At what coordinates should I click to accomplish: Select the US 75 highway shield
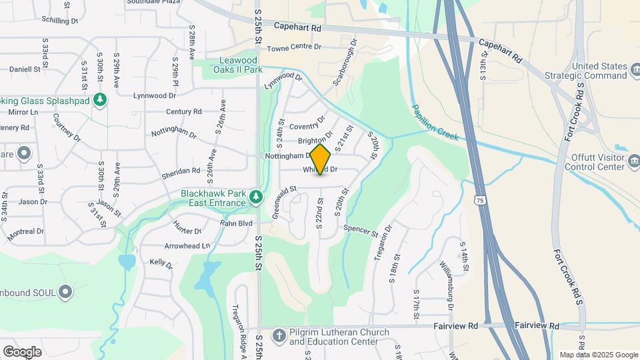[x=479, y=200]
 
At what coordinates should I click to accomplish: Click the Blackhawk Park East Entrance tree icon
[x=255, y=197]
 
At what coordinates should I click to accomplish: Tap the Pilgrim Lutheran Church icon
[x=279, y=333]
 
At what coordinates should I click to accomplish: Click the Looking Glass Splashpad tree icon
[x=100, y=100]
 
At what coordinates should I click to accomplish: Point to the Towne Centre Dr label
[x=294, y=47]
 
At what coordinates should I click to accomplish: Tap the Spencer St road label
[x=361, y=231]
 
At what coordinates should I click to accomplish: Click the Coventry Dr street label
[x=307, y=124]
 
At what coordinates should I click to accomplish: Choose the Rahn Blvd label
[x=237, y=223]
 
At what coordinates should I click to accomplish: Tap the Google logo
[x=22, y=352]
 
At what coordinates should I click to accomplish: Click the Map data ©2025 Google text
[x=597, y=355]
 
